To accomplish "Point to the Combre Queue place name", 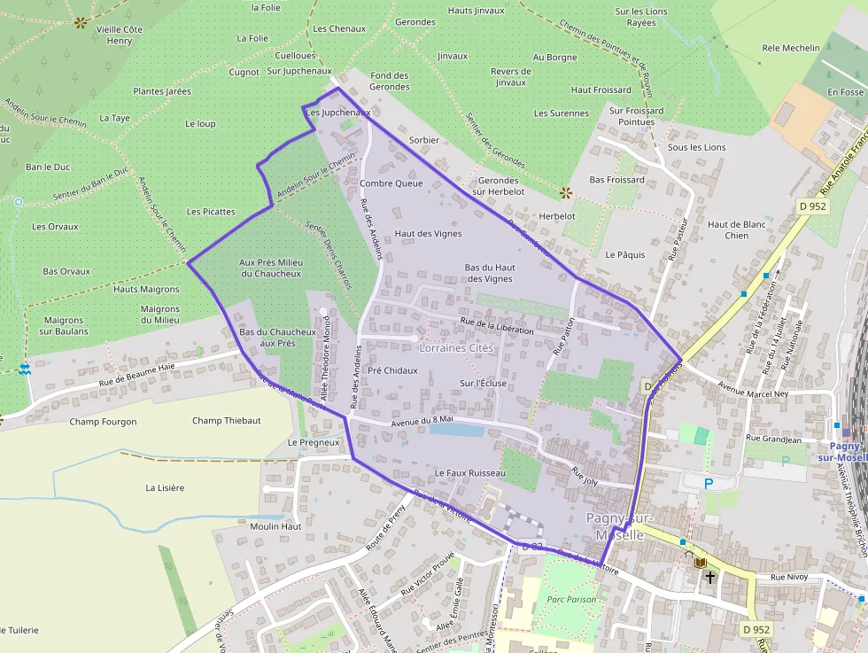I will coord(391,183).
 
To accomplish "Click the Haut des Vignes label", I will coord(429,234).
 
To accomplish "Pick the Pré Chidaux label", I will coord(392,370).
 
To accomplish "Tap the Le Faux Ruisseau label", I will coord(469,473).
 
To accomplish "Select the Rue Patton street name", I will coord(564,337).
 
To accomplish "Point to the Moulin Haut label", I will coord(276,526).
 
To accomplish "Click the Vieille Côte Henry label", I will coord(120,35).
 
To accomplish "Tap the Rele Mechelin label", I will coord(791,48).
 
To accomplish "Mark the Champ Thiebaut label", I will coord(227,421).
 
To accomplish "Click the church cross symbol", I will coord(710,576).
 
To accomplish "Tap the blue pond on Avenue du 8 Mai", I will coord(456,430).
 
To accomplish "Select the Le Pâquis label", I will coord(625,254).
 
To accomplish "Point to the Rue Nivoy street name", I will coord(790,578).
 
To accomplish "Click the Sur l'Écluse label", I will coord(482,384).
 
